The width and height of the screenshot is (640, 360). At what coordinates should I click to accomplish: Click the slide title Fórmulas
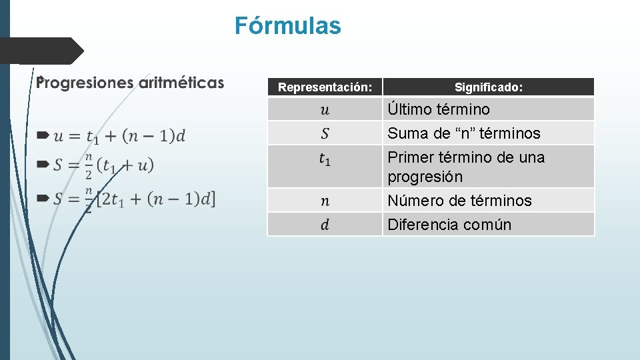point(287,26)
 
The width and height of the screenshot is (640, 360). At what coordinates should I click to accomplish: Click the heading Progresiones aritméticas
point(131,83)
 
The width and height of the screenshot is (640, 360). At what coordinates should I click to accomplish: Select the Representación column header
point(325,87)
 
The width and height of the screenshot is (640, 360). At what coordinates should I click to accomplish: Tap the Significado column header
point(488,87)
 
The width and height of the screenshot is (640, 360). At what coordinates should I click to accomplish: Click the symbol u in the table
point(325,109)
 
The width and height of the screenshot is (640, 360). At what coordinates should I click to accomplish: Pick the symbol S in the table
point(325,133)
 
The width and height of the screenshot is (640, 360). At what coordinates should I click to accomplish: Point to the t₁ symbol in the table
point(325,159)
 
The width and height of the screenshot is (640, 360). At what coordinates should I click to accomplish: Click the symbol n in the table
point(325,201)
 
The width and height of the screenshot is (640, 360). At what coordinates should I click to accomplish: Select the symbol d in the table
point(325,225)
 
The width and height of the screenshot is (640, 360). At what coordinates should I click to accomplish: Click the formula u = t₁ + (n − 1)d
point(119,136)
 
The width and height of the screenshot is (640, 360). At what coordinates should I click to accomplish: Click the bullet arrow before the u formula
point(43,135)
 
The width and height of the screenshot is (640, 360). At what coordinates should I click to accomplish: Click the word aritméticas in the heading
point(181,83)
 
